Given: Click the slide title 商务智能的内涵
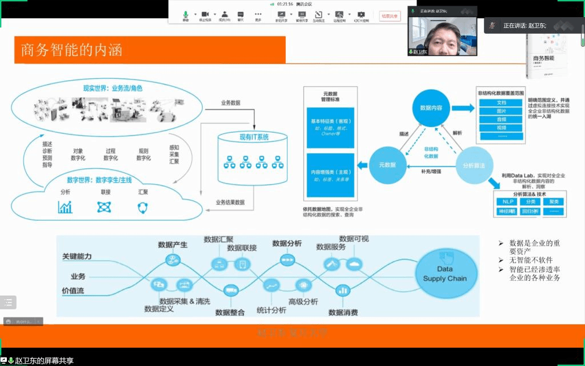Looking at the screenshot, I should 72,50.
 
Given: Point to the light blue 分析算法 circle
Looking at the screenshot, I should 474,165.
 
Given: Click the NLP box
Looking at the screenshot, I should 506,201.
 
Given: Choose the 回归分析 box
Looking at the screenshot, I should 530,211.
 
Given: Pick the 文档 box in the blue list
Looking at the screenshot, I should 501,103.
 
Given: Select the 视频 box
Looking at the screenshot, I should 501,128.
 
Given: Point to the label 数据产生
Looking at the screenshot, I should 173,245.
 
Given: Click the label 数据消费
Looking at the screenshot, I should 343,312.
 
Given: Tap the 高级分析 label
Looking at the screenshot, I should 303,301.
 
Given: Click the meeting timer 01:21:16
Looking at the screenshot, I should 285,4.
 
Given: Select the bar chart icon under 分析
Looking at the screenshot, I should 65,208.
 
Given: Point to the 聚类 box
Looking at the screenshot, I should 553,201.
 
